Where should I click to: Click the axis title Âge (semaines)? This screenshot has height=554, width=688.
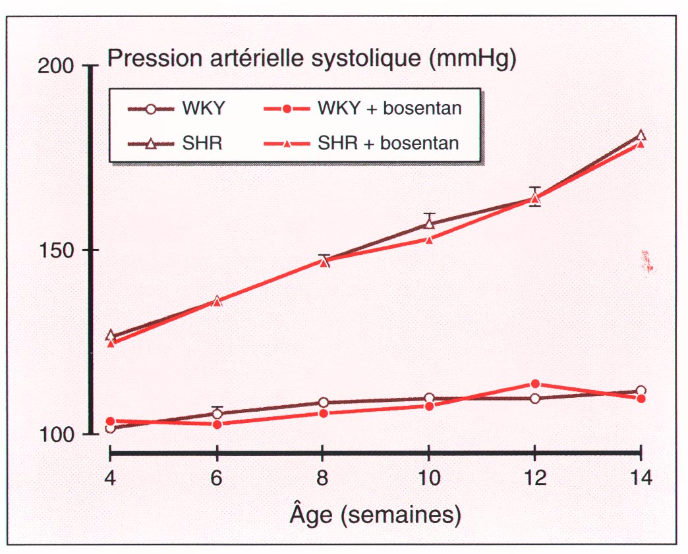tap(375, 515)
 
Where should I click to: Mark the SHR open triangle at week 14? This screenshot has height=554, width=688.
tap(641, 135)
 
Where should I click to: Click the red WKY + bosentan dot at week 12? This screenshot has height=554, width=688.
tap(535, 384)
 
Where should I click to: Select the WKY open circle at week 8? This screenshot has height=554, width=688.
tap(323, 402)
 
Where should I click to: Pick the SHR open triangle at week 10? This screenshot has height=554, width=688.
tap(430, 223)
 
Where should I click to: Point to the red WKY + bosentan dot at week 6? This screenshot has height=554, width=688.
tap(217, 424)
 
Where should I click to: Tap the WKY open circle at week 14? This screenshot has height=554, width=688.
tap(641, 391)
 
